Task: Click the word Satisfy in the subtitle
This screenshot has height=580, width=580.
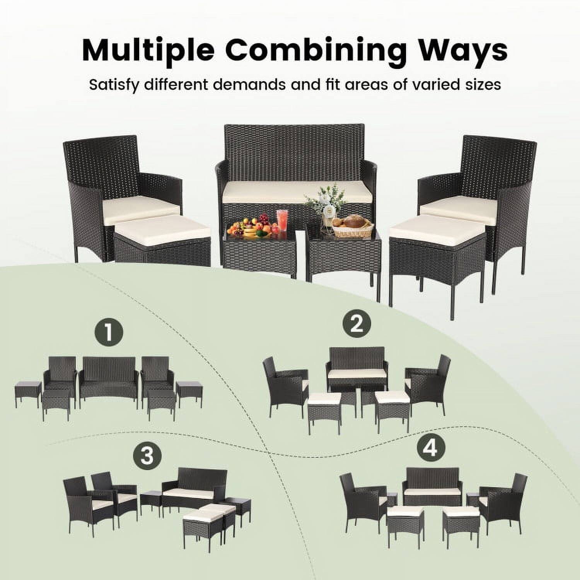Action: [113, 84]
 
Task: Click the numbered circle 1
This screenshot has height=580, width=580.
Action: [109, 333]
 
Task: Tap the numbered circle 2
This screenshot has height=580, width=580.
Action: [356, 323]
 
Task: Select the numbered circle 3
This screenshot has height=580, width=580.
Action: [147, 455]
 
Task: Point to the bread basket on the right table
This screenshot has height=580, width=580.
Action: [352, 226]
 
